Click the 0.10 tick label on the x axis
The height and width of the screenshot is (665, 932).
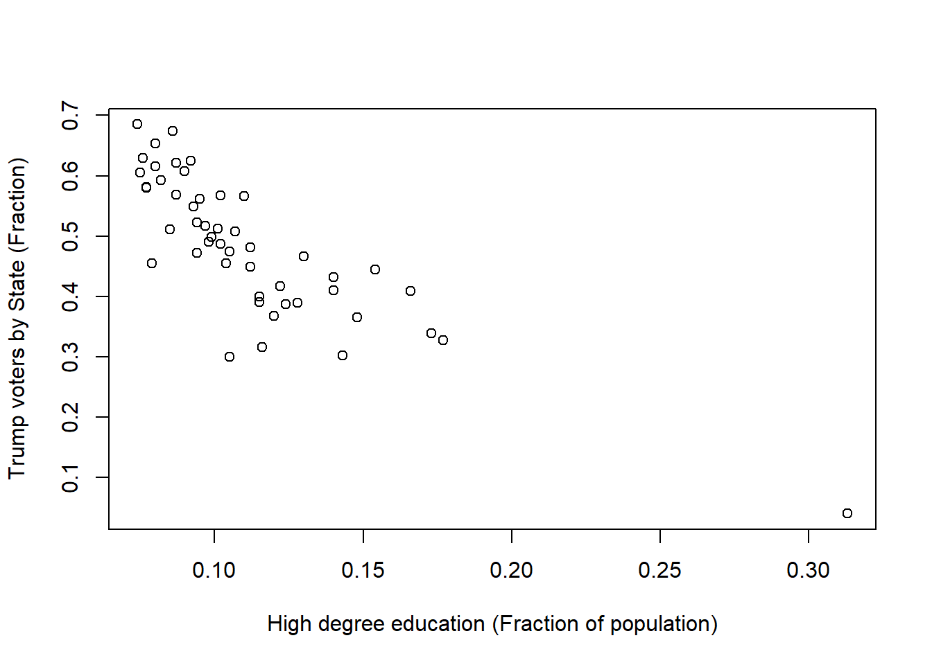[x=214, y=571]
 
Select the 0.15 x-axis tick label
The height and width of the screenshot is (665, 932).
[x=363, y=571]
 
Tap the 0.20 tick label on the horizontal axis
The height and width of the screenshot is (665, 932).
[x=511, y=571]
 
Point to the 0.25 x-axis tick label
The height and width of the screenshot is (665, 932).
[x=659, y=571]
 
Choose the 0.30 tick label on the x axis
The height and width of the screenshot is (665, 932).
[x=808, y=571]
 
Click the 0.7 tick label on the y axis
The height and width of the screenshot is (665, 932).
[x=71, y=116]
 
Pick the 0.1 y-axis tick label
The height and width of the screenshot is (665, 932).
[x=71, y=478]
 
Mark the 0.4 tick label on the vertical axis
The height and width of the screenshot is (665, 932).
[x=71, y=296]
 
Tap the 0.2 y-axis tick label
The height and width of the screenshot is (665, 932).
[x=71, y=417]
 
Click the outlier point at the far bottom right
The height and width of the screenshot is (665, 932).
[x=847, y=513]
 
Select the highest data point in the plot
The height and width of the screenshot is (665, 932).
[x=137, y=124]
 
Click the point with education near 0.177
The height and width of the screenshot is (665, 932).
[x=443, y=340]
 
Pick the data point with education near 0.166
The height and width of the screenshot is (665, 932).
[x=411, y=291]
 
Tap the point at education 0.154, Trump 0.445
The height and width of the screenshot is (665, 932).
[x=375, y=269]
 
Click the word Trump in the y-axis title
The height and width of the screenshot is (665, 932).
[x=17, y=447]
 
